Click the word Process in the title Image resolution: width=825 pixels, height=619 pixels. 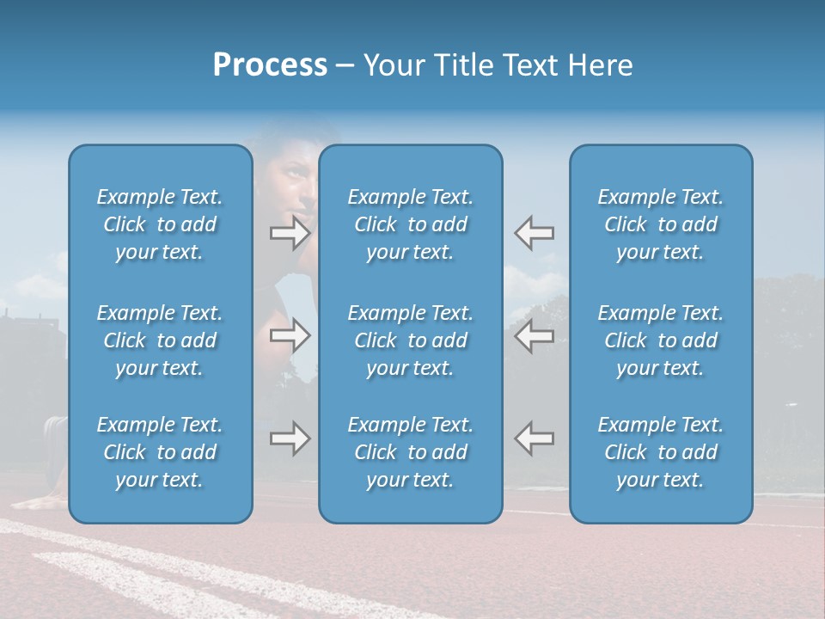coord(270,65)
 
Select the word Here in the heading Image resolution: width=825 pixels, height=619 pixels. coord(600,65)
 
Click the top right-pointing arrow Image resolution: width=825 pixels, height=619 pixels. coord(290,233)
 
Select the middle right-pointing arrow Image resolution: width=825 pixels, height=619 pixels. coord(290,336)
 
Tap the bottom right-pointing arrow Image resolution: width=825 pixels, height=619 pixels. coord(290,438)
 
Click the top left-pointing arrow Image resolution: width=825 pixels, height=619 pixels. coord(535,233)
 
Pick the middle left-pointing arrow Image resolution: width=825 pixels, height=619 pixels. coord(535,336)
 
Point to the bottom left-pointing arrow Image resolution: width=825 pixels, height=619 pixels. coord(535,438)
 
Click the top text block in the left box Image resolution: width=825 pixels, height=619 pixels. coord(160,224)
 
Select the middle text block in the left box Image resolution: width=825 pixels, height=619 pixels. coord(160,340)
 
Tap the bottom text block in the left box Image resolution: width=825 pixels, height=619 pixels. coord(160,452)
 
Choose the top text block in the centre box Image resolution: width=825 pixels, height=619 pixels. coord(411,224)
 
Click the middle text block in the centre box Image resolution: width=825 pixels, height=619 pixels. coord(411,340)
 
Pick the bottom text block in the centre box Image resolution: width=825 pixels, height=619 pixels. coord(411,452)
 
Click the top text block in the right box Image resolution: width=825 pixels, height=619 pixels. coord(661,224)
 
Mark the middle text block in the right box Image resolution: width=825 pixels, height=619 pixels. coord(661,340)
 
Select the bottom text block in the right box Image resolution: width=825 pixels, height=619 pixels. coord(661,452)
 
